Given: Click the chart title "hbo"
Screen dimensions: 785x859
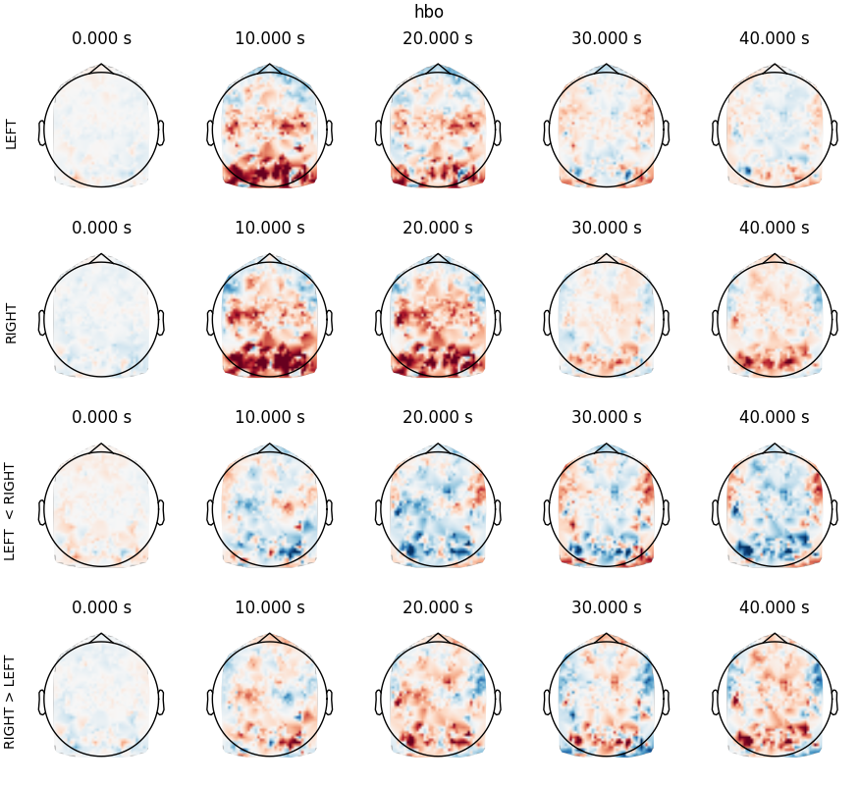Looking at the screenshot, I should (x=429, y=12).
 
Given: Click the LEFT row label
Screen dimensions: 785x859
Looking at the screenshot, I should (x=12, y=133).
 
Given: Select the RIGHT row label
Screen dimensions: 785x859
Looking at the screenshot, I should (x=12, y=323).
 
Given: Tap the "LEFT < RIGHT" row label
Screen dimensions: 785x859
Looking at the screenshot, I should (x=12, y=512).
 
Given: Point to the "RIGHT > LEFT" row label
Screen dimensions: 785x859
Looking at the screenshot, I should (x=12, y=700).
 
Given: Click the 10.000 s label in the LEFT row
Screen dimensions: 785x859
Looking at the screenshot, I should (x=270, y=39).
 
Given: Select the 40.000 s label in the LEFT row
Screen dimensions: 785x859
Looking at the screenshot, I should (x=775, y=39).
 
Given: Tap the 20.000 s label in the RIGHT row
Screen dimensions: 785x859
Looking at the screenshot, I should (x=438, y=229).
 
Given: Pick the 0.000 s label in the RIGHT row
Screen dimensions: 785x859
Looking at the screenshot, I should (x=101, y=229).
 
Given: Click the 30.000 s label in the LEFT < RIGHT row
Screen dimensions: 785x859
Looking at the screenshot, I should (x=607, y=417).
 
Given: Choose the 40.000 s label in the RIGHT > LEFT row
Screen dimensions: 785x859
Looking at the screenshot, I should (x=775, y=607).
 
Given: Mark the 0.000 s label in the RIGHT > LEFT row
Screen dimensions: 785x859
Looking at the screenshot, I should (x=101, y=607).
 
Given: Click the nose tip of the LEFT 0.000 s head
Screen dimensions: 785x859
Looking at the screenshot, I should (x=101, y=66).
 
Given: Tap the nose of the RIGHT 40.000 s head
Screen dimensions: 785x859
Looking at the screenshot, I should (x=775, y=255).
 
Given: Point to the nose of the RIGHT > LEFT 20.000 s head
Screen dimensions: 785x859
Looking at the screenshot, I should (x=438, y=634).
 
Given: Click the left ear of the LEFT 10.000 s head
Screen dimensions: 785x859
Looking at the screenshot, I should (x=210, y=132).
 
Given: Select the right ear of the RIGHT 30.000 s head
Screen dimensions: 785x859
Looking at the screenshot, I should (x=666, y=322).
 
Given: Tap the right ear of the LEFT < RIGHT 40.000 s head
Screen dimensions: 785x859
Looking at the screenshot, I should (x=834, y=511).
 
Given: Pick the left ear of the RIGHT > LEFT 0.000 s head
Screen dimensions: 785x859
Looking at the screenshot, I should (x=42, y=701).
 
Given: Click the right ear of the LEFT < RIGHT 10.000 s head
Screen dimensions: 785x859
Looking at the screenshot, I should (x=330, y=511).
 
